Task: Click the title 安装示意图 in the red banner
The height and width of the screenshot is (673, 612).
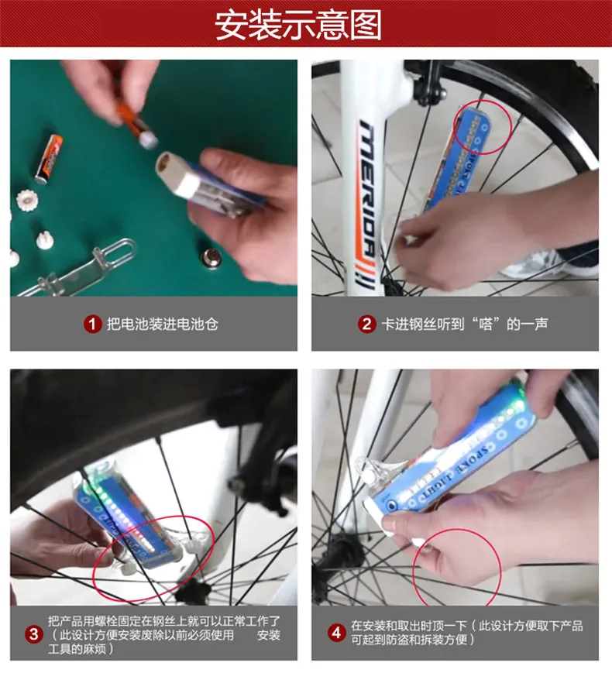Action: click(x=298, y=25)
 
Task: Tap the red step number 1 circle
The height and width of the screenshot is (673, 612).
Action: click(x=92, y=324)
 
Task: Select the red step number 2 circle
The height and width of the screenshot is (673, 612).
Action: click(x=366, y=324)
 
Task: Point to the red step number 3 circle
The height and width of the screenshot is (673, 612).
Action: click(x=34, y=634)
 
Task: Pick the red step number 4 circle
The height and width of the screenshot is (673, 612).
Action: click(x=336, y=632)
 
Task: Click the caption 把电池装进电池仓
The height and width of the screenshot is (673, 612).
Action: click(x=163, y=324)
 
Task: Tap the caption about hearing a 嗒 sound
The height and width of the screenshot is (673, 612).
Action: click(x=465, y=324)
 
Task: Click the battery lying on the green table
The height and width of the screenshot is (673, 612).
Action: click(x=49, y=159)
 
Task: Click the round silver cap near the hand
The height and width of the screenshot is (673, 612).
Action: click(x=211, y=259)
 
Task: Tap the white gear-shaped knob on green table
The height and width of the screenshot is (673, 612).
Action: click(x=27, y=200)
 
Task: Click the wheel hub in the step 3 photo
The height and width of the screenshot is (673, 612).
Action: click(x=193, y=592)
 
